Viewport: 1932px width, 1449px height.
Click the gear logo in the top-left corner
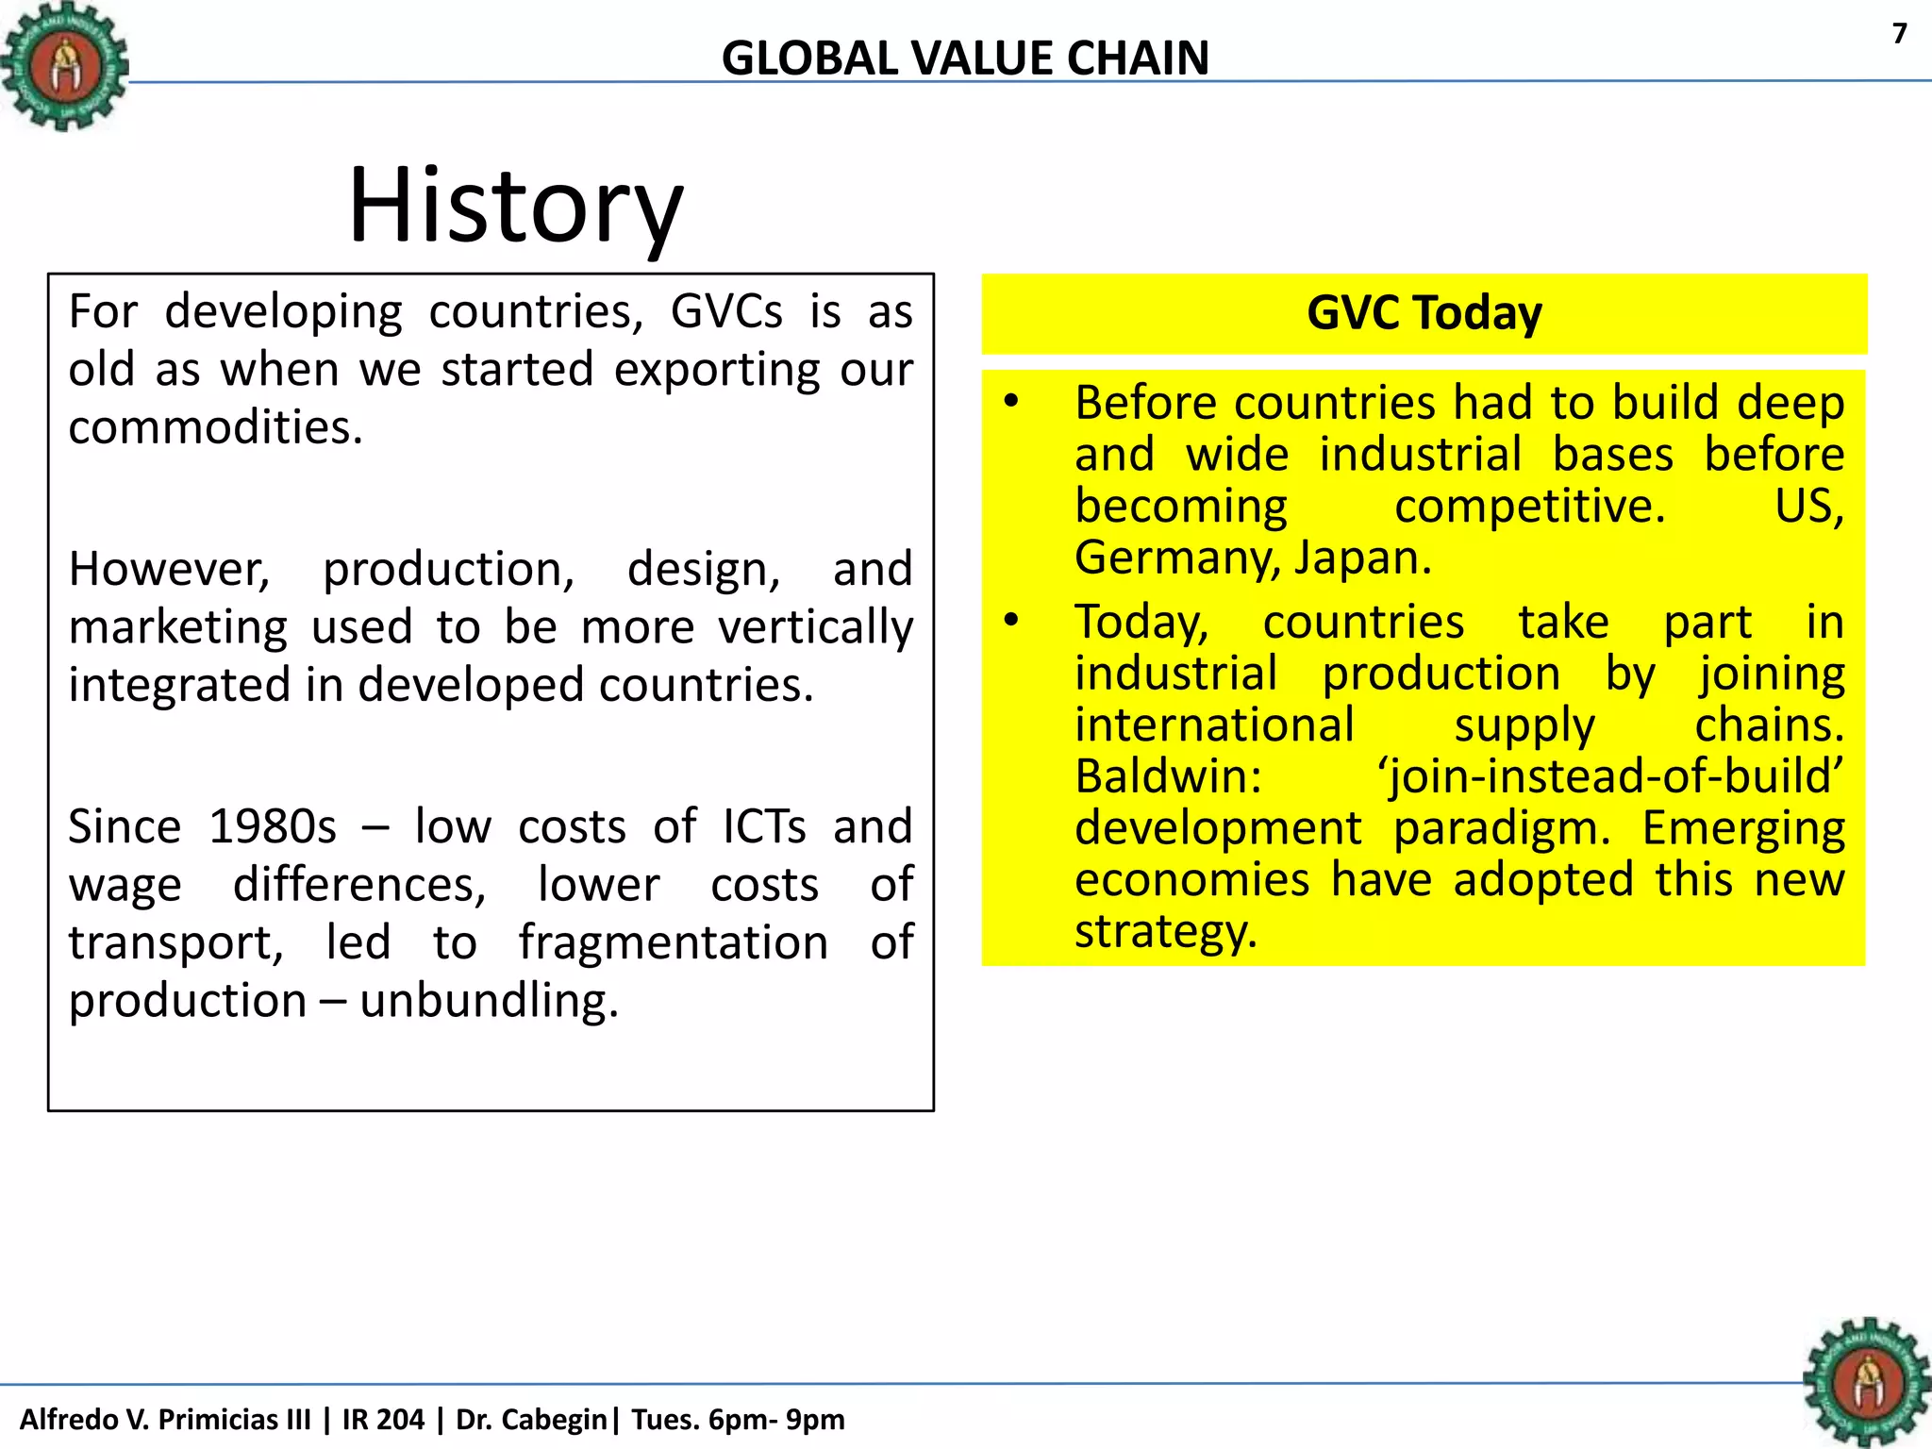[x=64, y=66]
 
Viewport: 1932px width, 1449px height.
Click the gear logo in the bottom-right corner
[x=1866, y=1382]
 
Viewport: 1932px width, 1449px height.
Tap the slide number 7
[x=1899, y=34]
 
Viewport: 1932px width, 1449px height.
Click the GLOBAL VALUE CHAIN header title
[x=965, y=58]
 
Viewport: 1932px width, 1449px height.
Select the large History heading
[x=515, y=206]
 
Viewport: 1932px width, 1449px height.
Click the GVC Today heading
[x=1424, y=313]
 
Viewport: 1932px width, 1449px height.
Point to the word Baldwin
[x=1168, y=776]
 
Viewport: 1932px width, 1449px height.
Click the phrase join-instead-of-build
[x=1611, y=776]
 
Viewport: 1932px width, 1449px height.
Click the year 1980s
[x=273, y=827]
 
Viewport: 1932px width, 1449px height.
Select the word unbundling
[x=488, y=1001]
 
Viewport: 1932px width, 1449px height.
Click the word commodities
[x=215, y=427]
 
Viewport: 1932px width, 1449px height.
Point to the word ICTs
[x=764, y=827]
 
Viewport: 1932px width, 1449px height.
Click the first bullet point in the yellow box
[x=1011, y=403]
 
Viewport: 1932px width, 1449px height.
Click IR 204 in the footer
[x=383, y=1419]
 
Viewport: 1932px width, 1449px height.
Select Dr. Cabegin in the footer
[x=531, y=1419]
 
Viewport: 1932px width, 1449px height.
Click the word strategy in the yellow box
[x=1165, y=931]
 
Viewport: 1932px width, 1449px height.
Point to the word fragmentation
[x=673, y=942]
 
